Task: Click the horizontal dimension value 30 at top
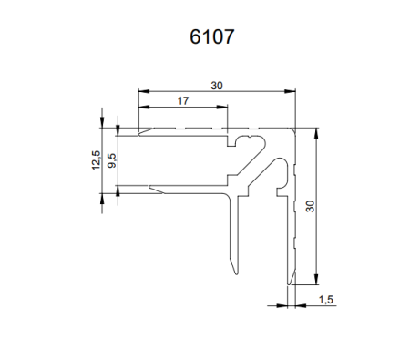pyautogui.click(x=216, y=86)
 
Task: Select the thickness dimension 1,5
pyautogui.click(x=325, y=298)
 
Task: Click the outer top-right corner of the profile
pyautogui.click(x=297, y=128)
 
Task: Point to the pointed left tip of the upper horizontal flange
pyautogui.click(x=139, y=131)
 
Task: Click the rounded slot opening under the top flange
pyautogui.click(x=245, y=140)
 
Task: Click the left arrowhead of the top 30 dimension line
pyautogui.click(x=142, y=91)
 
